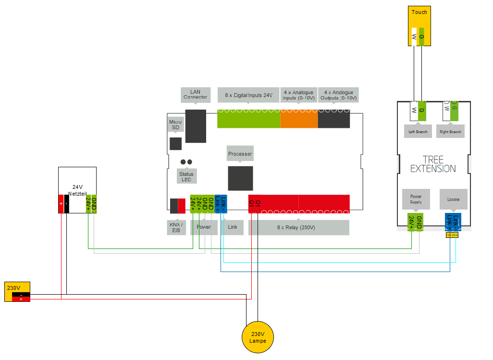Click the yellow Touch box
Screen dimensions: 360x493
click(x=419, y=26)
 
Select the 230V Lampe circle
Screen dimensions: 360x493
click(x=257, y=337)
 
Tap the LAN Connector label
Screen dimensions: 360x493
click(x=195, y=94)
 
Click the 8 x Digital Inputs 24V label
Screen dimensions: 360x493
click(x=248, y=95)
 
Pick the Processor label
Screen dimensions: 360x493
click(x=240, y=154)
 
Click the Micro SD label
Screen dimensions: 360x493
click(x=175, y=125)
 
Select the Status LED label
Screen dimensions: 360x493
click(x=186, y=176)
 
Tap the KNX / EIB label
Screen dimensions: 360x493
click(x=176, y=227)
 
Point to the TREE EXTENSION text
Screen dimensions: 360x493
click(x=432, y=164)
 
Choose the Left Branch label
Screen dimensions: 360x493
click(x=418, y=132)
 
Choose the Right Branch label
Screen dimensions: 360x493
click(x=451, y=132)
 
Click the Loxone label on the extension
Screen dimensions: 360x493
click(x=453, y=199)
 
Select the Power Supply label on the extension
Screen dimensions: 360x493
click(x=416, y=199)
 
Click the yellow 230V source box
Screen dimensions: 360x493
click(x=17, y=291)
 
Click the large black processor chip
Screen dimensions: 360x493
click(x=240, y=178)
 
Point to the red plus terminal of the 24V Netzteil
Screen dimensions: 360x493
click(x=61, y=204)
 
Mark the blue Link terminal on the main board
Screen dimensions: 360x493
click(x=221, y=204)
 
